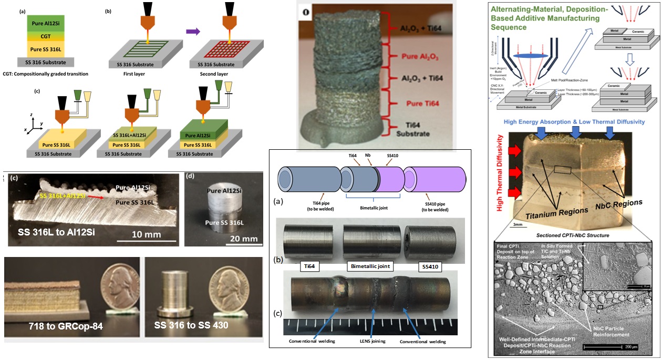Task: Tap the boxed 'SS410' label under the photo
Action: [x=428, y=267]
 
